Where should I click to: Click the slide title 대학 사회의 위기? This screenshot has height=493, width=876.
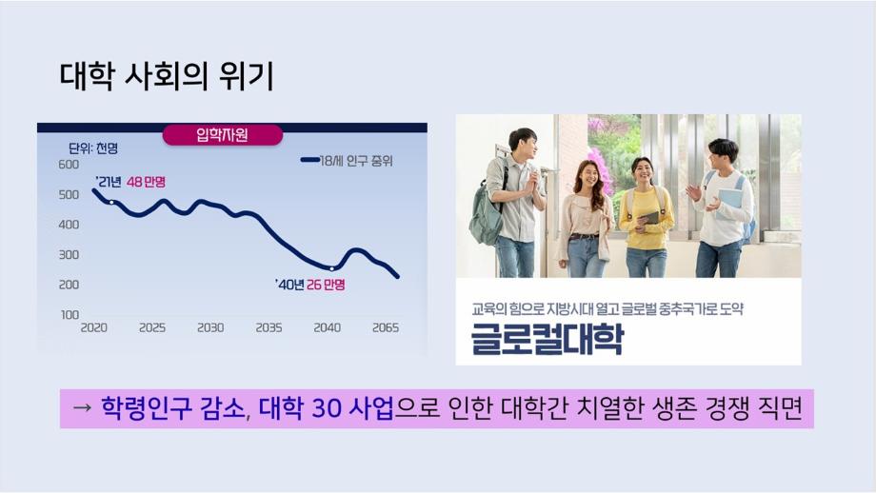[167, 76]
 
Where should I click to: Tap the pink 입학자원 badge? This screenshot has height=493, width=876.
[223, 134]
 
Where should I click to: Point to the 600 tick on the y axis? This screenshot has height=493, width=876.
[69, 165]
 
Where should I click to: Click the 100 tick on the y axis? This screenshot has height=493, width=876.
[70, 315]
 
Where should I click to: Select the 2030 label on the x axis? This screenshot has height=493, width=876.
[210, 327]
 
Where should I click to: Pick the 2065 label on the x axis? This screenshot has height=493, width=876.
[386, 327]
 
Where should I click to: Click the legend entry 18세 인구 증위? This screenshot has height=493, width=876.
[347, 161]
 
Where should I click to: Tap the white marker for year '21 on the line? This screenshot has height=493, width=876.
[111, 202]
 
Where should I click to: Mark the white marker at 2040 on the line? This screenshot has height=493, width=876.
[332, 268]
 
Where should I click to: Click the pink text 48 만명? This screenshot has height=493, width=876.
[146, 182]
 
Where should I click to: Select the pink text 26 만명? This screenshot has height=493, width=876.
[326, 285]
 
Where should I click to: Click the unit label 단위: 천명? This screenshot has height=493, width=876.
[93, 148]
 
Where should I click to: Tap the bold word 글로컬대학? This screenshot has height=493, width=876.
[547, 339]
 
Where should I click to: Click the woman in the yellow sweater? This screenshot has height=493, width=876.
[647, 218]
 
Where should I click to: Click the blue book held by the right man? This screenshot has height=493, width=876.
[728, 203]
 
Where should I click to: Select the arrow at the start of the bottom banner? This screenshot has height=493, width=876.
[82, 408]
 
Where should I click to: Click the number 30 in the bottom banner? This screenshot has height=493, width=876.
[327, 408]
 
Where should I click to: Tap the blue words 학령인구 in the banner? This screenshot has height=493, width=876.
[146, 408]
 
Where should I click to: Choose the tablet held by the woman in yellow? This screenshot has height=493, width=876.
[648, 218]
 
